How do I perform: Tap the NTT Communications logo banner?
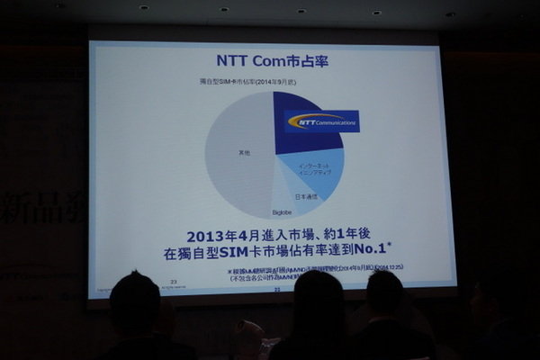[321, 121]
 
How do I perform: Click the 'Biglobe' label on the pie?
[283, 211]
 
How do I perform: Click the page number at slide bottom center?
[277, 291]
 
